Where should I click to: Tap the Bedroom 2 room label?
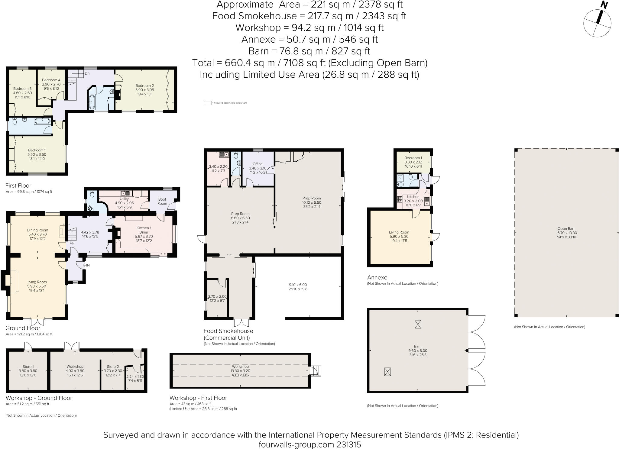[144, 86]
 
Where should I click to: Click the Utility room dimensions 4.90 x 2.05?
[124, 203]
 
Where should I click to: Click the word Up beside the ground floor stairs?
[72, 243]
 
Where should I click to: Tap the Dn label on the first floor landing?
[87, 73]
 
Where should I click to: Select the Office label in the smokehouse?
[258, 164]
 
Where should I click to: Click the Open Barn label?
[566, 229]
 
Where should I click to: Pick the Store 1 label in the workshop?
[28, 367]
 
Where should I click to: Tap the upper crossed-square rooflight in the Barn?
[417, 325]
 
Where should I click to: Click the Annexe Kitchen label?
[413, 197]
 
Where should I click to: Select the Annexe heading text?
[377, 277]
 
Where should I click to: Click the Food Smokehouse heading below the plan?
[228, 331]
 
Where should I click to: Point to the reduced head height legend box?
[207, 103]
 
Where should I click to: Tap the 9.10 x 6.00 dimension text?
[298, 285]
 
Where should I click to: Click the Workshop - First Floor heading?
[198, 398]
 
